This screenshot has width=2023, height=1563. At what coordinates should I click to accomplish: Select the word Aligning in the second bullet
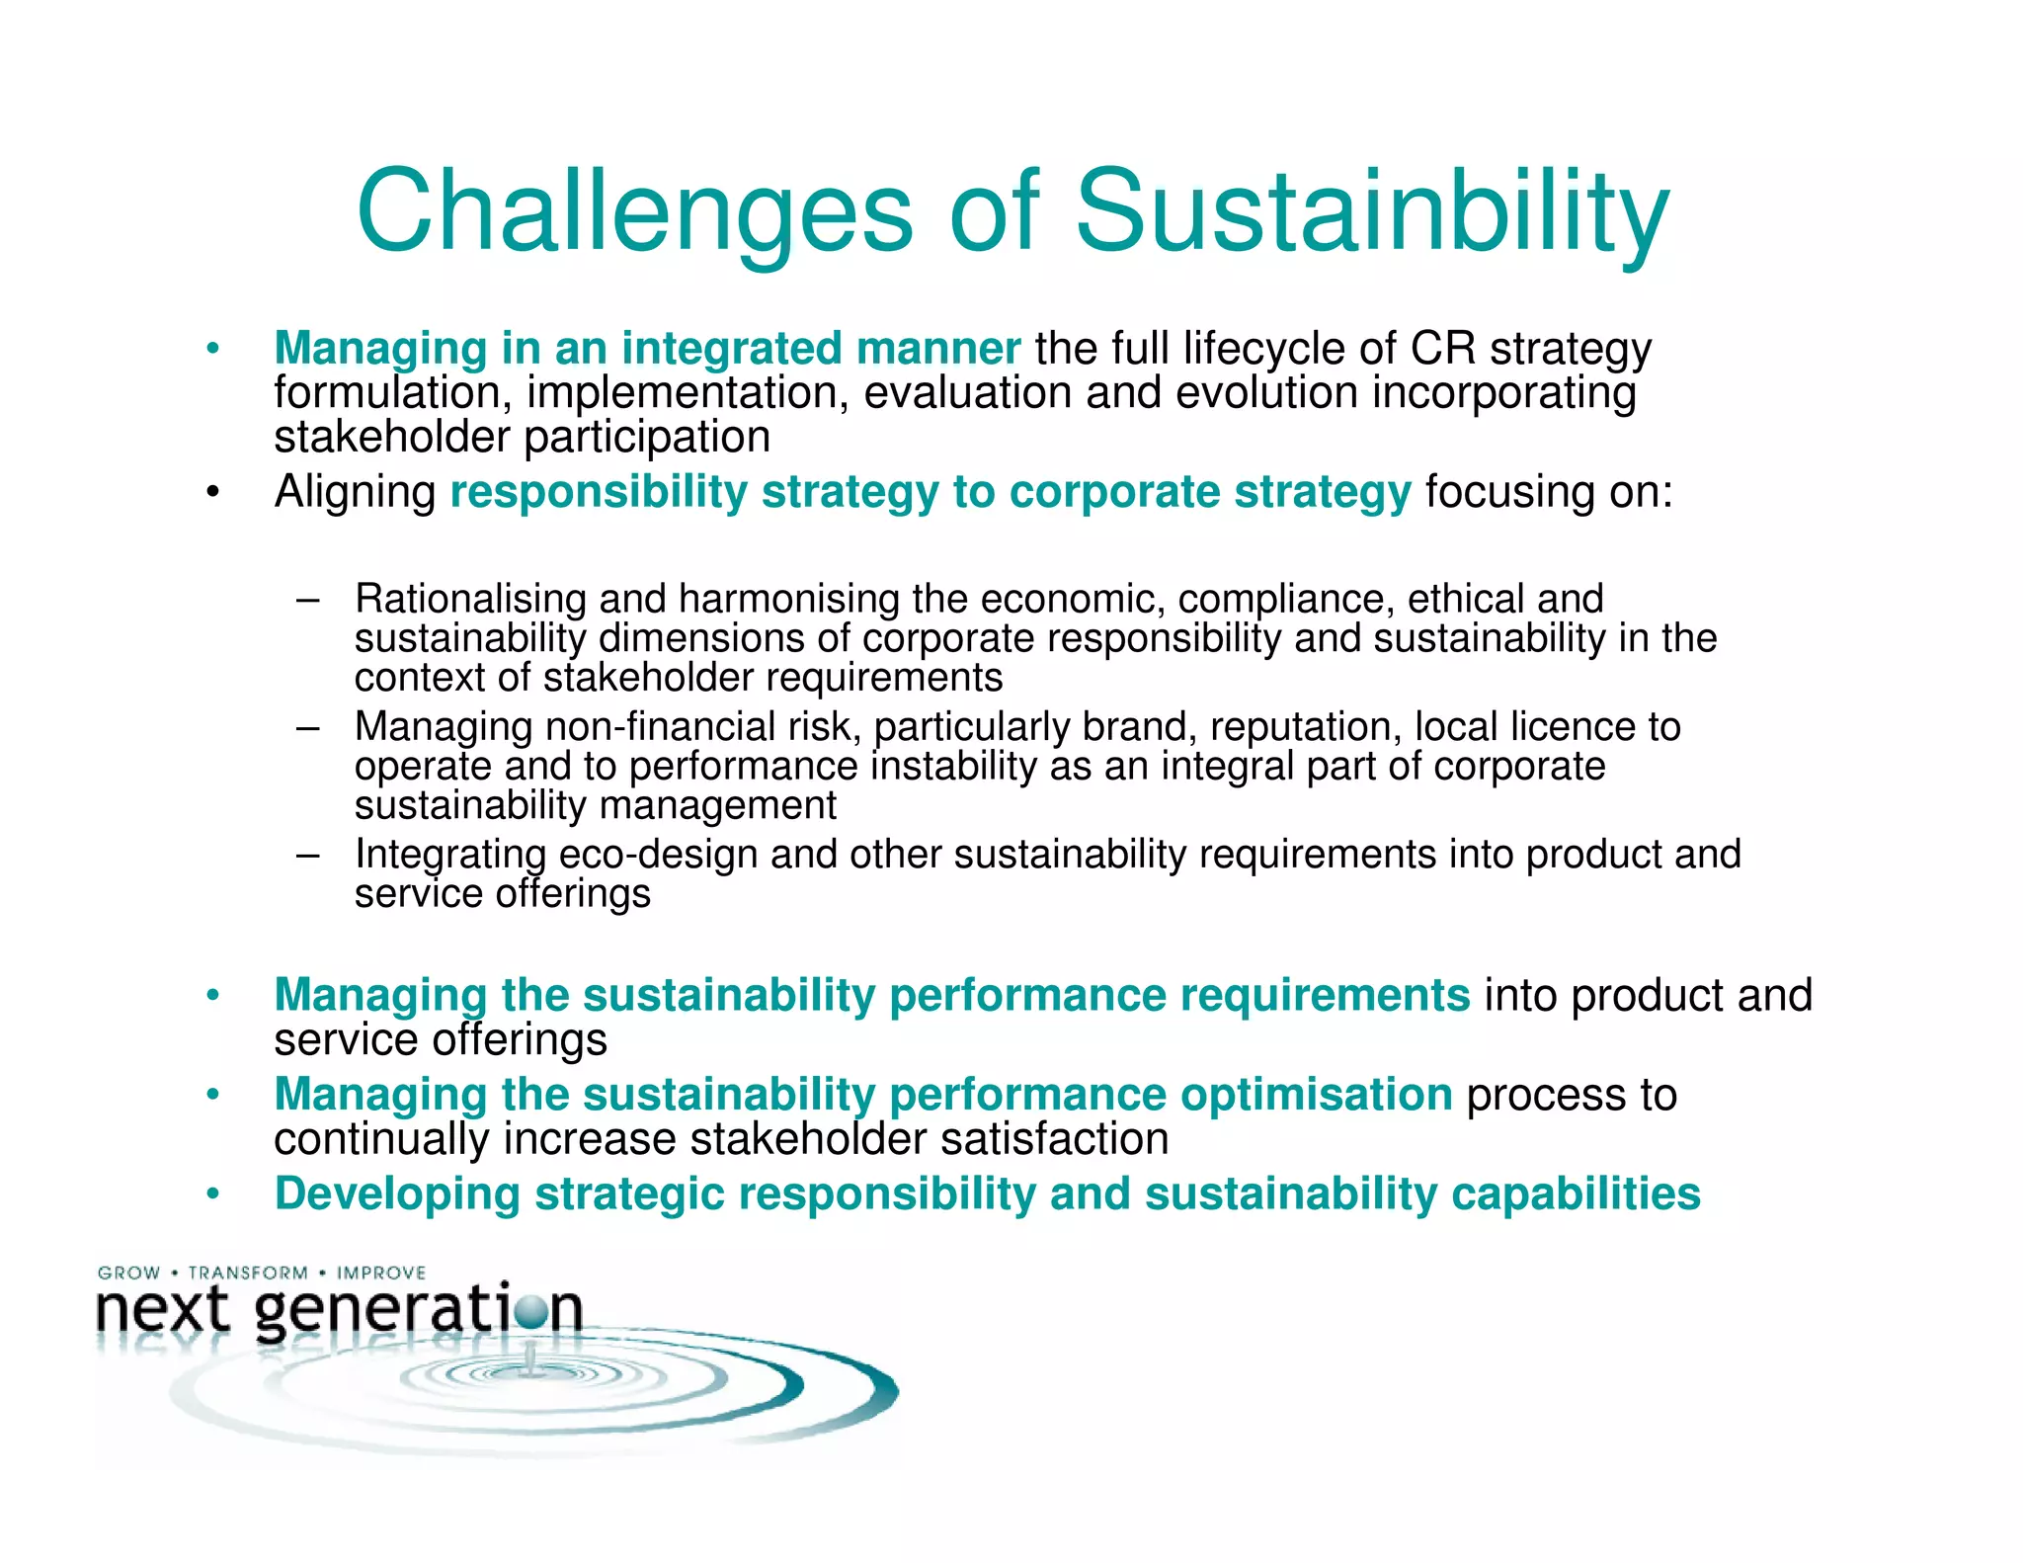[x=355, y=492]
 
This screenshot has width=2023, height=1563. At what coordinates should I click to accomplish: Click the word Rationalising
[x=470, y=599]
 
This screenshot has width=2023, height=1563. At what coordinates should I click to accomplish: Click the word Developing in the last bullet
[x=397, y=1193]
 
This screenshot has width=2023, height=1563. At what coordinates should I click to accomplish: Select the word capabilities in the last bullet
[x=1576, y=1193]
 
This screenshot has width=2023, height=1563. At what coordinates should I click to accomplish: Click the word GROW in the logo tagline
[x=128, y=1273]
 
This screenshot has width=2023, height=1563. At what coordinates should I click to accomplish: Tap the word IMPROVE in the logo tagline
[x=381, y=1273]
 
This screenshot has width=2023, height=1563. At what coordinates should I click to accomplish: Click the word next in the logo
[x=163, y=1310]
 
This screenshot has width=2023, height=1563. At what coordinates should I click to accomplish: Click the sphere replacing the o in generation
[x=531, y=1311]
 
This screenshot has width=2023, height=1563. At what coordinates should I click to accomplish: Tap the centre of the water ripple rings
[x=531, y=1371]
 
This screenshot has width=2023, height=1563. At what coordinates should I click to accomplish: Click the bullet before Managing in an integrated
[x=212, y=349]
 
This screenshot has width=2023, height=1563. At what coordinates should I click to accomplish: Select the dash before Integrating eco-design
[x=307, y=855]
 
